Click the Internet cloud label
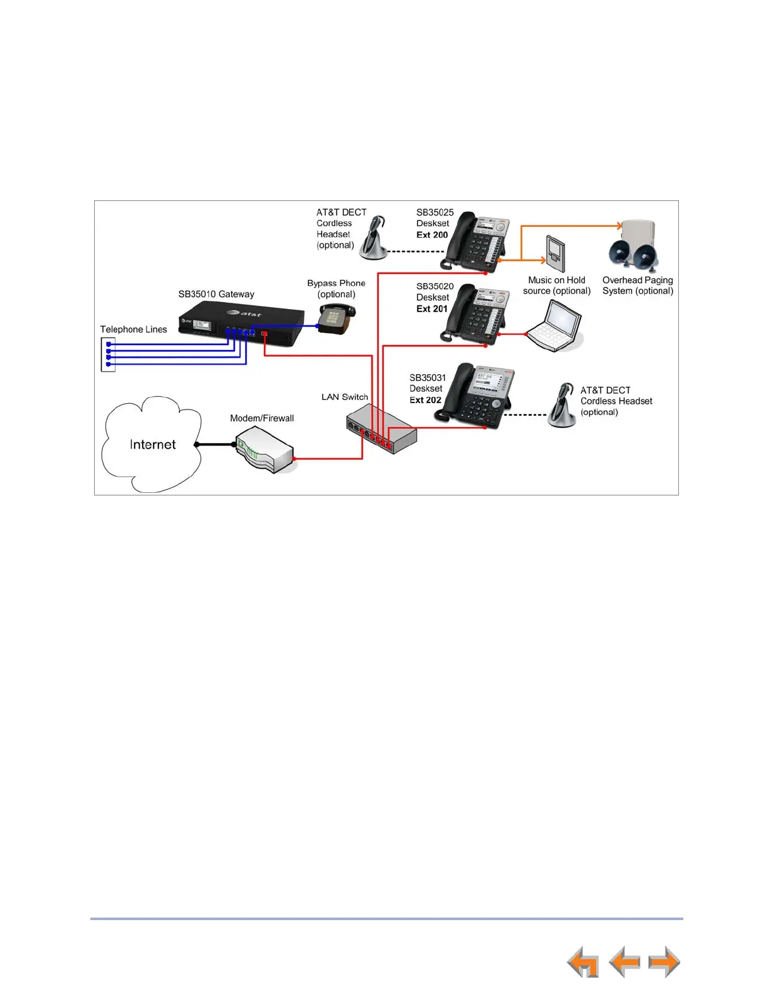coord(153,445)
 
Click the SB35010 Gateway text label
coord(216,294)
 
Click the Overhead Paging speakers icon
coord(633,246)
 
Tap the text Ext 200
coord(432,235)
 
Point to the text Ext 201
coord(432,309)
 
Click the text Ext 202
coord(425,400)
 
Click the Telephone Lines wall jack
coord(108,355)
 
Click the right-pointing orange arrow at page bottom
coord(664,962)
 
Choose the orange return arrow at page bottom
coord(583,962)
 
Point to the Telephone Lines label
coord(133,330)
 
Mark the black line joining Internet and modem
coord(215,444)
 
